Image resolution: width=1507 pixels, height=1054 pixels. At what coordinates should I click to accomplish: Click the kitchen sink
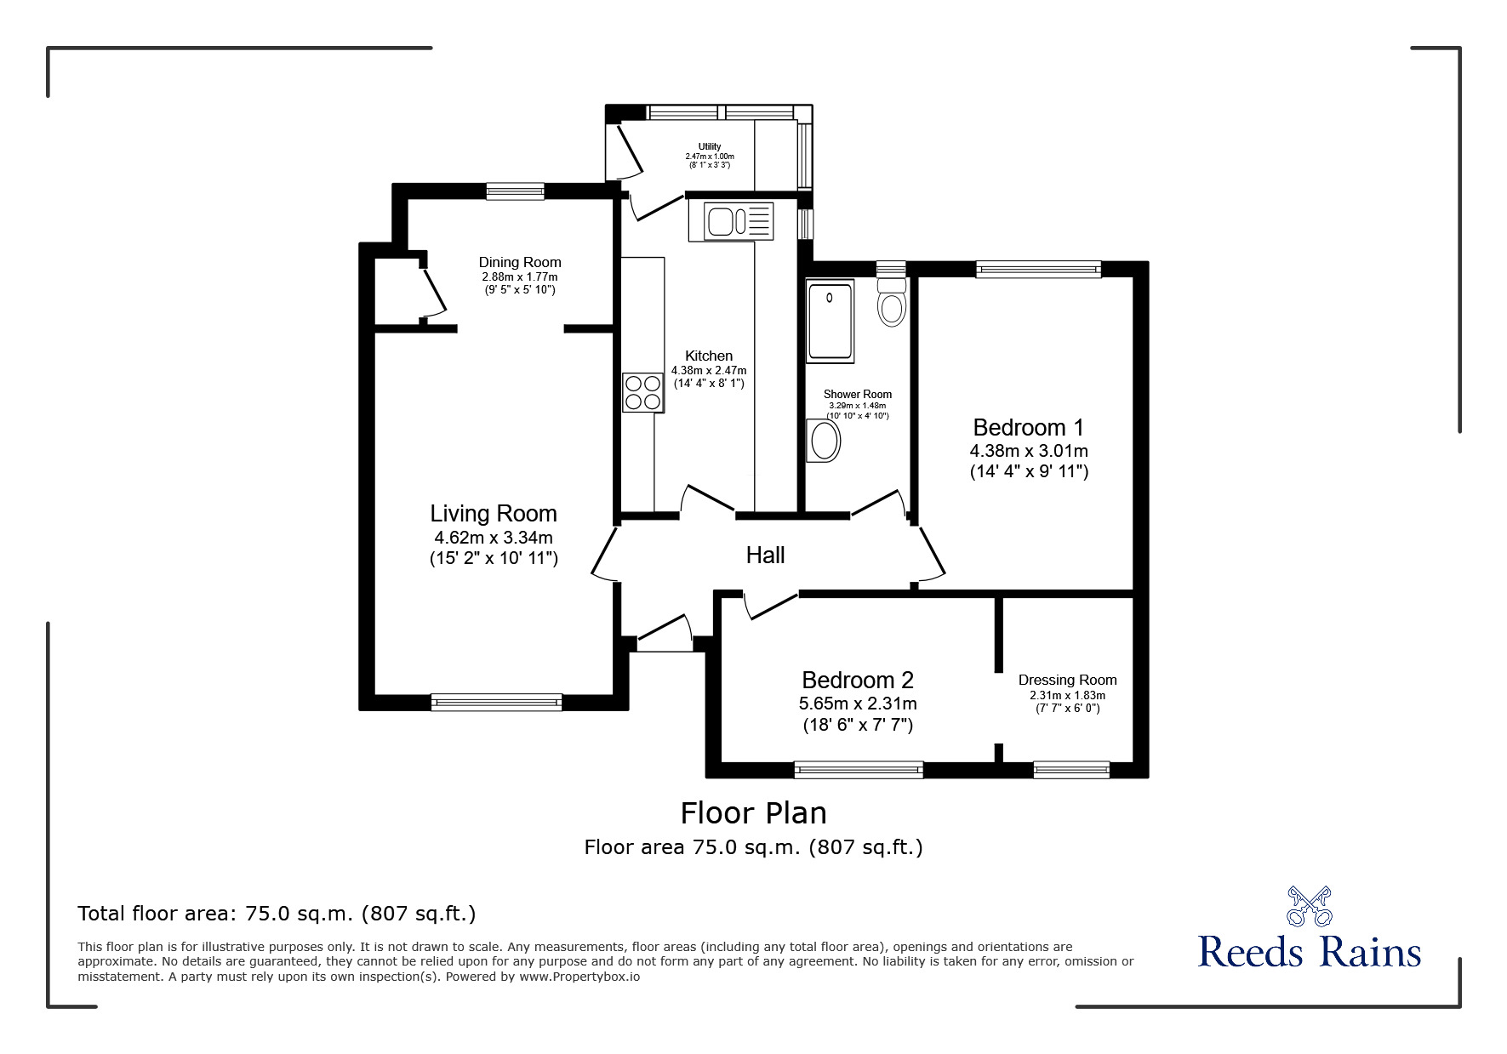pyautogui.click(x=739, y=221)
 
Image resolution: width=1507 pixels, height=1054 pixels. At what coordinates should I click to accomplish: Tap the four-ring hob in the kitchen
pyautogui.click(x=643, y=392)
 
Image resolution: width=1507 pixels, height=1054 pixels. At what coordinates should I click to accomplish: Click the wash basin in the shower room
pyautogui.click(x=823, y=441)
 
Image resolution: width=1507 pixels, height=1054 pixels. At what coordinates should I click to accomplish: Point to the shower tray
pyautogui.click(x=830, y=321)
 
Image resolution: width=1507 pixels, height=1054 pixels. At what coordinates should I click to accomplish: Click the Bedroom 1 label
pyautogui.click(x=1029, y=427)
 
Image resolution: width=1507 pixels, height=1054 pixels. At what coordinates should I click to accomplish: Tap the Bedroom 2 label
pyautogui.click(x=858, y=680)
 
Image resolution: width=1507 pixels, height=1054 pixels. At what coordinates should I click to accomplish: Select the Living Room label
pyautogui.click(x=494, y=513)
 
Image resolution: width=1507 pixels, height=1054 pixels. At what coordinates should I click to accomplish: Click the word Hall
pyautogui.click(x=765, y=555)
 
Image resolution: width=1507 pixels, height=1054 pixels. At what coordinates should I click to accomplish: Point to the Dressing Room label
pyautogui.click(x=1067, y=680)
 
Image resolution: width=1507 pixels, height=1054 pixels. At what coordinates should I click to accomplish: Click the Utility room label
pyautogui.click(x=710, y=146)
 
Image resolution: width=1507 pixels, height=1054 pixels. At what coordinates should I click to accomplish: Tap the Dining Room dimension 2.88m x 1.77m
pyautogui.click(x=520, y=276)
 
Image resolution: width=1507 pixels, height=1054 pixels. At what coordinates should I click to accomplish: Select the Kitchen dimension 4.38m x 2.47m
pyautogui.click(x=709, y=370)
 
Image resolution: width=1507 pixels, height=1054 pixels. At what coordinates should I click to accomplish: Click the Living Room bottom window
pyautogui.click(x=496, y=702)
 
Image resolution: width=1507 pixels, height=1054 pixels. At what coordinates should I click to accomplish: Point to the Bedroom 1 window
pyautogui.click(x=1038, y=270)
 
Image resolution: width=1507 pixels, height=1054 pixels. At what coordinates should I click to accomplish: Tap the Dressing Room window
pyautogui.click(x=1071, y=770)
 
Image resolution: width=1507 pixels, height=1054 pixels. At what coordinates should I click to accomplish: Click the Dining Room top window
pyautogui.click(x=515, y=191)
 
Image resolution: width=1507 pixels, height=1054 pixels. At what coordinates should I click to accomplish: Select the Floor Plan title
pyautogui.click(x=754, y=813)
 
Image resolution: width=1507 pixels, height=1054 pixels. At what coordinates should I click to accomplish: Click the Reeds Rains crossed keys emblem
pyautogui.click(x=1309, y=906)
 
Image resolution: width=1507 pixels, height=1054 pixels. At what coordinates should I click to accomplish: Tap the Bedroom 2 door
pyautogui.click(x=771, y=605)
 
